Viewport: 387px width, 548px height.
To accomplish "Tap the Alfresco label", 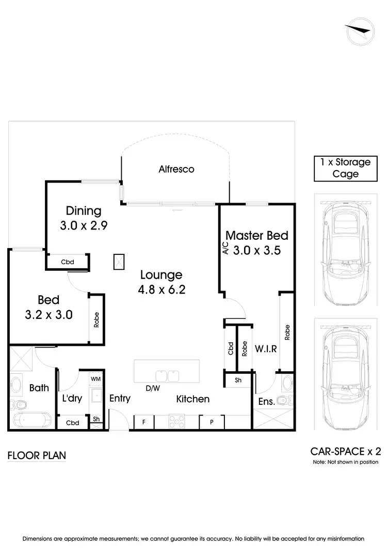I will [176, 169].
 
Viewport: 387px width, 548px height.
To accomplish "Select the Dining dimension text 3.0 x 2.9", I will [84, 225].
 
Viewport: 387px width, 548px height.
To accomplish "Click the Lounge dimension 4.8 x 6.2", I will [160, 290].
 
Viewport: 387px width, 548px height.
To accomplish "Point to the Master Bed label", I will [257, 236].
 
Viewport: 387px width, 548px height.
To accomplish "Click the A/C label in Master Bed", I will [225, 249].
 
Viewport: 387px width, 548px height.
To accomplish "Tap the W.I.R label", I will [266, 349].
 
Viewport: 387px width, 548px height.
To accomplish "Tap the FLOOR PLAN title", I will [37, 456].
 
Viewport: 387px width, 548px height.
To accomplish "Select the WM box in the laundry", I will [96, 379].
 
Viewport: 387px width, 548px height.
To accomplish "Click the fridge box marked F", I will [144, 422].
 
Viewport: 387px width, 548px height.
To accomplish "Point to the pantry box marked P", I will [212, 422].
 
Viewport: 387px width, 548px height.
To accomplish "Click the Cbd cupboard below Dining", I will [68, 262].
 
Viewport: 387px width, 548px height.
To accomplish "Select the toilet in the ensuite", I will [284, 401].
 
